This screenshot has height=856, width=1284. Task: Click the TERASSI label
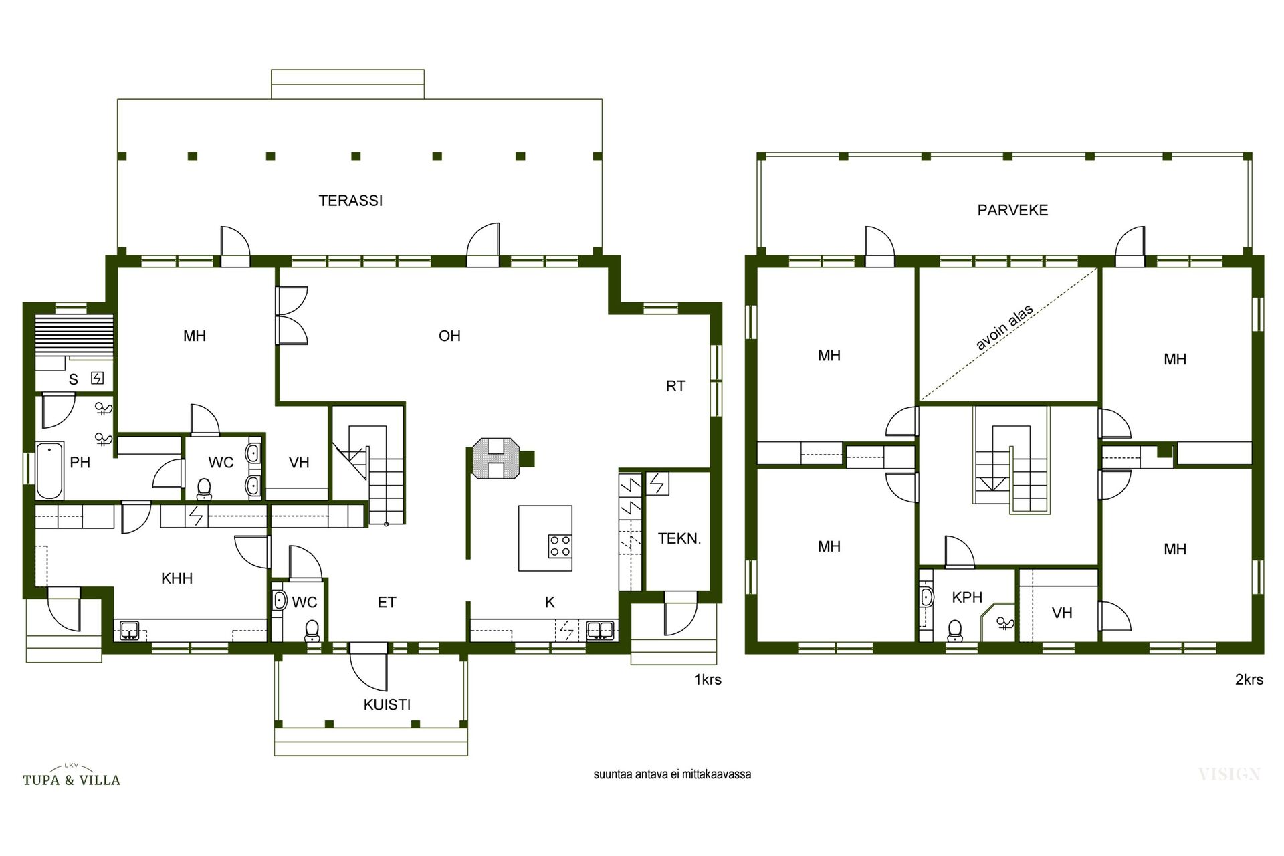click(x=350, y=201)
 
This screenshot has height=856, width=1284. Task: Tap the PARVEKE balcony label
click(x=1012, y=210)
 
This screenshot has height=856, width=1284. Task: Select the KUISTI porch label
click(x=387, y=704)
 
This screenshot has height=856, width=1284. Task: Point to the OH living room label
click(x=449, y=336)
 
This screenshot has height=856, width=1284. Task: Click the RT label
click(x=675, y=386)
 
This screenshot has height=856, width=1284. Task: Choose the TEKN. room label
click(x=679, y=538)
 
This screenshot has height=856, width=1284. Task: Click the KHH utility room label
click(x=177, y=578)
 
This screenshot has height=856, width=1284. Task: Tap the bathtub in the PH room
click(x=49, y=471)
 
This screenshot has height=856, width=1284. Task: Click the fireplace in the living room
click(x=495, y=459)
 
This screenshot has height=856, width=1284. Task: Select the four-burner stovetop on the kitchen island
click(x=560, y=546)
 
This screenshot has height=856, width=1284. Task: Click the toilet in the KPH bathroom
click(x=955, y=630)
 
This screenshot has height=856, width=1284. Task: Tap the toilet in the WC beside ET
click(x=312, y=631)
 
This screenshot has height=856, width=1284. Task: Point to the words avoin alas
click(x=1004, y=327)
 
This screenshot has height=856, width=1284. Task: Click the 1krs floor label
click(x=708, y=680)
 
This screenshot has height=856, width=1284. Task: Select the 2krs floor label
click(x=1249, y=680)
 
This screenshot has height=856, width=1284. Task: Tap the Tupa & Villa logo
click(x=72, y=776)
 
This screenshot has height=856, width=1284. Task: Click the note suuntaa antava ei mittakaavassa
click(x=672, y=774)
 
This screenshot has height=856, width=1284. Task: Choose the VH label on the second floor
click(x=1062, y=613)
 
